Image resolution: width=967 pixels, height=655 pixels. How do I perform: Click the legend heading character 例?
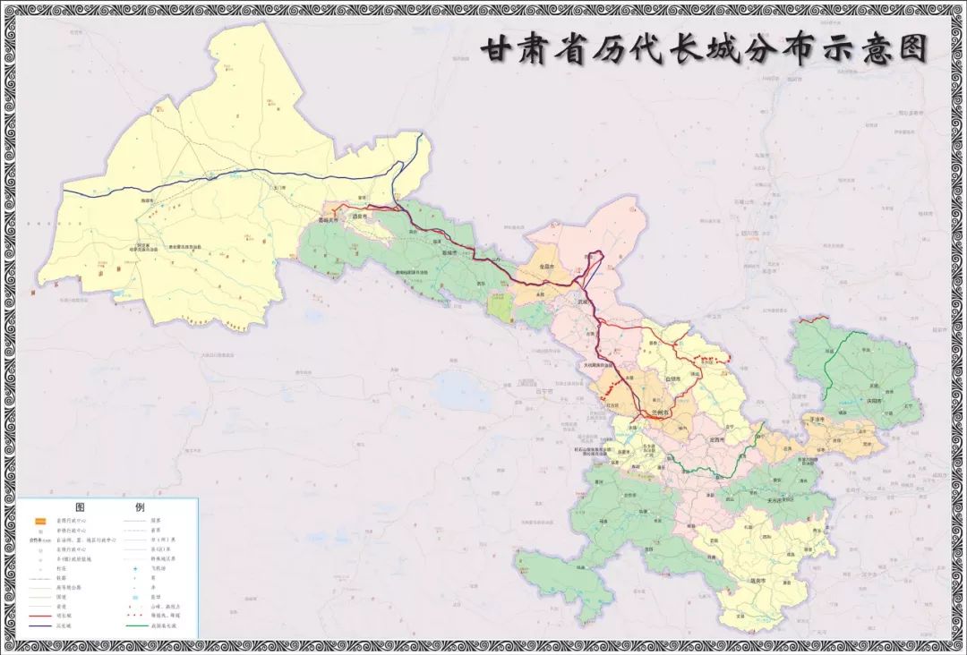[140, 506]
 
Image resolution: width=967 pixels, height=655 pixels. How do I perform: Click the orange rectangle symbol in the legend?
[40, 521]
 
